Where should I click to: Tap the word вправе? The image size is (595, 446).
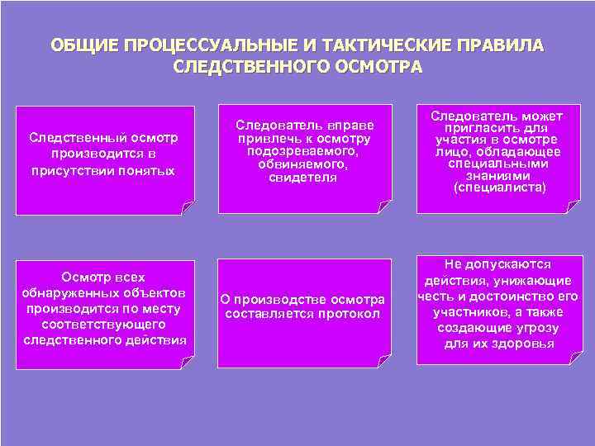tap(351, 126)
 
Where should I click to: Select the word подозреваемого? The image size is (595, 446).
tap(304, 152)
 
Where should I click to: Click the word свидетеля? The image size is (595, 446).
tap(303, 178)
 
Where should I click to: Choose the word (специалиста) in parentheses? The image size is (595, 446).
tap(500, 187)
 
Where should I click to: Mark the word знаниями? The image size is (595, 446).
tap(501, 175)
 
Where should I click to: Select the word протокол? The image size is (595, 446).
tap(349, 314)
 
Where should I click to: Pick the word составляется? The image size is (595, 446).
tap(267, 314)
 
